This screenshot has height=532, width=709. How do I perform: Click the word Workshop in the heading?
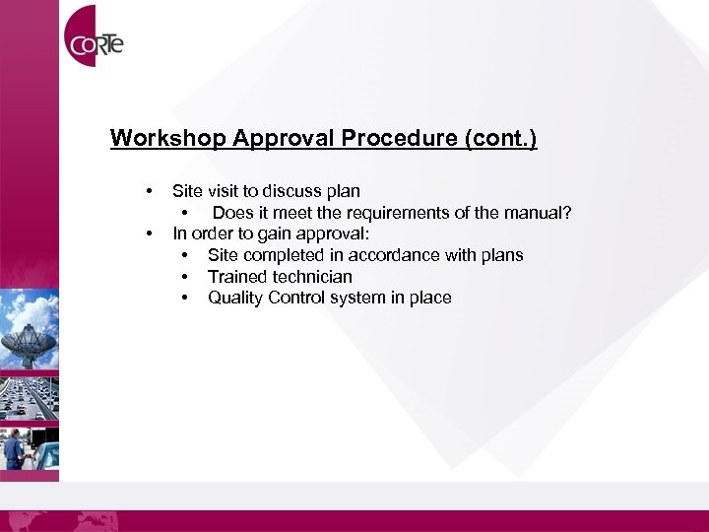pos(168,138)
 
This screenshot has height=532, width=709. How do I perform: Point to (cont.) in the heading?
pos(500,138)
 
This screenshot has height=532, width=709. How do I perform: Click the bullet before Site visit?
pos(148,191)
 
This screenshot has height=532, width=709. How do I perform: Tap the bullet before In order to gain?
pos(148,234)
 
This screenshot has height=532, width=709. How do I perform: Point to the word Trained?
pos(237,277)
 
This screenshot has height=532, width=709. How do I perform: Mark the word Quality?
pos(233,298)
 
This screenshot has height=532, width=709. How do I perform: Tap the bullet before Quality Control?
pos(185,298)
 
